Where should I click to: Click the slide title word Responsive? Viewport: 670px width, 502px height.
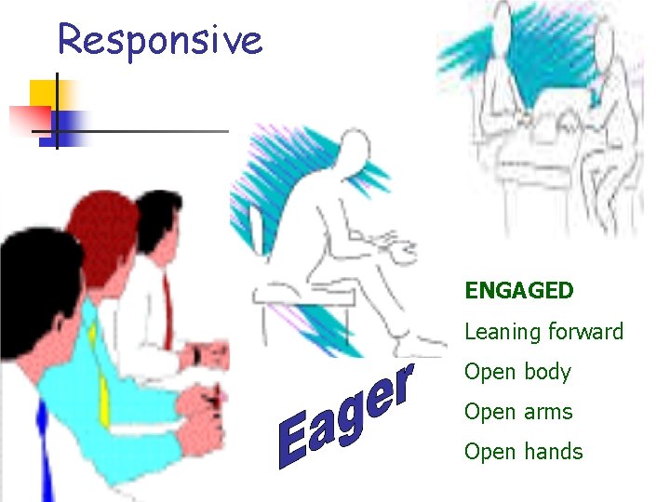pyautogui.click(x=160, y=40)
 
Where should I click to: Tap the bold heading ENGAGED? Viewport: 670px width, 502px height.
pyautogui.click(x=519, y=291)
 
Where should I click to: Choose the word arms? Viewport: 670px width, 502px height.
pyautogui.click(x=549, y=412)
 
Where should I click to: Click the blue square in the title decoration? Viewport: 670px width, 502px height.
pyautogui.click(x=71, y=124)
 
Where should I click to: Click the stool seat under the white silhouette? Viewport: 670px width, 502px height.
pyautogui.click(x=307, y=296)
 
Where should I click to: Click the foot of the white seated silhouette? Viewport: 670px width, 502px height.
pyautogui.click(x=419, y=346)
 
